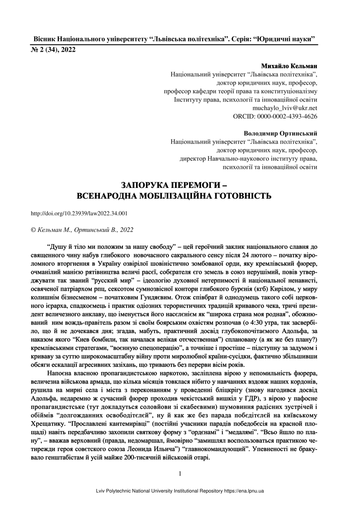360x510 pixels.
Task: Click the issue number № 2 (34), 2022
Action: point(53,50)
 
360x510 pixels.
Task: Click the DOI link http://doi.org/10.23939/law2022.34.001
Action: point(79,213)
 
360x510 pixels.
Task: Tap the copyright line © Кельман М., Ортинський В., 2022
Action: point(82,230)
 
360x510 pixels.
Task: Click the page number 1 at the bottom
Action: point(180,473)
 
